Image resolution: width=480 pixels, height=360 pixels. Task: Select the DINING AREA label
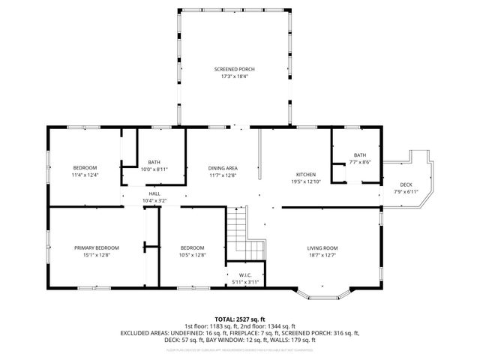click(223, 168)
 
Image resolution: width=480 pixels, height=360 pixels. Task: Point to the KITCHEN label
click(305, 174)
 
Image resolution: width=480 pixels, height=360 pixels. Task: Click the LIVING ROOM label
click(322, 248)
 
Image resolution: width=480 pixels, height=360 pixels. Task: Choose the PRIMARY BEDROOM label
click(96, 248)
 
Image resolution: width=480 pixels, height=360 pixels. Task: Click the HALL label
click(154, 193)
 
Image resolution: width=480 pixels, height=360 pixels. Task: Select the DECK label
click(406, 184)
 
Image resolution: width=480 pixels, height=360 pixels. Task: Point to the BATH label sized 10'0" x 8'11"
click(154, 162)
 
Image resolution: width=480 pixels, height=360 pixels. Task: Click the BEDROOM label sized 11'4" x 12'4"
click(85, 167)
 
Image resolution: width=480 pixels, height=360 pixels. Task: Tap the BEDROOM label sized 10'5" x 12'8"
click(192, 248)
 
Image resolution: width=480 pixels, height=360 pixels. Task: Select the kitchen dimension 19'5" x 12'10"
click(305, 181)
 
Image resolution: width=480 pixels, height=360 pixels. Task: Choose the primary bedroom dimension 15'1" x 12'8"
click(96, 256)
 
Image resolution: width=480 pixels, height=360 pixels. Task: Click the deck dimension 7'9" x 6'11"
click(406, 192)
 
